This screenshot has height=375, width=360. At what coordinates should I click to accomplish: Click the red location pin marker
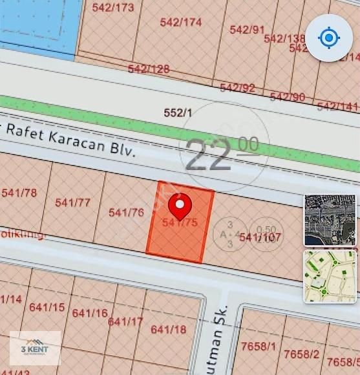coord(180,206)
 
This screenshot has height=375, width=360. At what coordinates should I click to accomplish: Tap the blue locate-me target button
coord(329,38)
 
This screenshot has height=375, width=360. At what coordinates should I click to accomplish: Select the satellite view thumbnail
coord(330,220)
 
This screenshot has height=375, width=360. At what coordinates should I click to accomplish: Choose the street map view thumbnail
coord(330,276)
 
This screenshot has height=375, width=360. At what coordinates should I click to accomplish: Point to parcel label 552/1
coord(178,112)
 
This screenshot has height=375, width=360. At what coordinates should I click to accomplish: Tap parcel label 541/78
coord(19,192)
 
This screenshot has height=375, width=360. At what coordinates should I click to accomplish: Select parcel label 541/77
coord(72,202)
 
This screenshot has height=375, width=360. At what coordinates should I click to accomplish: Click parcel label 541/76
coord(126,212)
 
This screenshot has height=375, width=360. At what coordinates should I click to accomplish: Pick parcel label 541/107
coord(260,237)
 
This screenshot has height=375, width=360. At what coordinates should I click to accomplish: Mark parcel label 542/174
coord(181,22)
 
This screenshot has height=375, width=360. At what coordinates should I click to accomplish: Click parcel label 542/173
coord(113,8)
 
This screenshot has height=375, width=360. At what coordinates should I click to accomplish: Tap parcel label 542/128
coord(149,69)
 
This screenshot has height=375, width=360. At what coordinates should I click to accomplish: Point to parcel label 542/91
coord(247,30)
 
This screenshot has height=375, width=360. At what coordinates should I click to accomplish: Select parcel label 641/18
coord(168,329)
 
